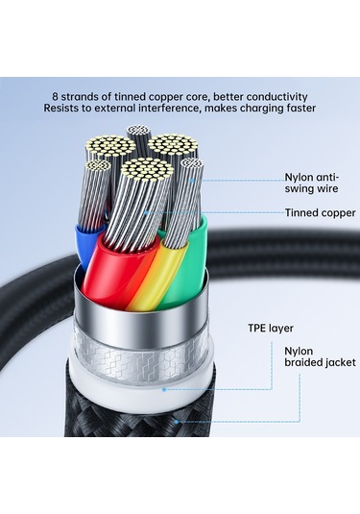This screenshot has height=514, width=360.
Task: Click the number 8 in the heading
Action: pyautogui.click(x=56, y=96)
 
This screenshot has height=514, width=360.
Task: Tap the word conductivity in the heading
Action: pyautogui.click(x=273, y=96)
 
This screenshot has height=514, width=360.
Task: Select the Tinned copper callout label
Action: pyautogui.click(x=319, y=212)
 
